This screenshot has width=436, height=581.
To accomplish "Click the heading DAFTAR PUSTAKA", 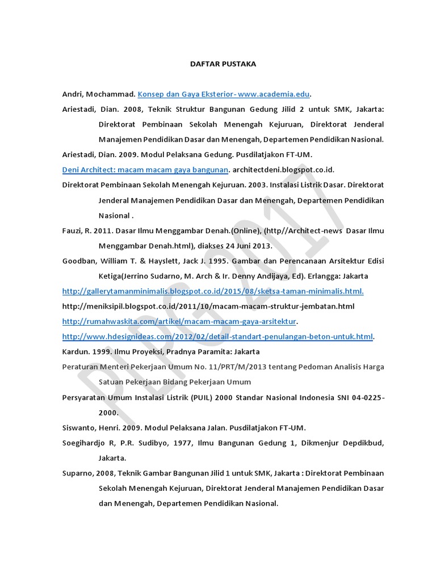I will tap(223, 64).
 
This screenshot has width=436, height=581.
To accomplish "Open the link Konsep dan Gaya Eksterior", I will tap(224, 95).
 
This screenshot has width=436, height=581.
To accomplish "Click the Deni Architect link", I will tap(145, 170).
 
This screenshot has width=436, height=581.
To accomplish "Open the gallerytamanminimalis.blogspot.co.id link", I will tap(213, 291).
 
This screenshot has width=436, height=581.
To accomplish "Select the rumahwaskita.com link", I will tap(179, 322).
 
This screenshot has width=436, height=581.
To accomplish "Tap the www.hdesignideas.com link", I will tap(217, 337).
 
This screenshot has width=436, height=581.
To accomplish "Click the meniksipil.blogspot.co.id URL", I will tap(208, 306).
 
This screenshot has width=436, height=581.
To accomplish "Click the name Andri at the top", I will tap(73, 95).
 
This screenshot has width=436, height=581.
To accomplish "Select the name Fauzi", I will tap(72, 231).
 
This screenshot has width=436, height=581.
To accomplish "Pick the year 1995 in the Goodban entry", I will tap(221, 262).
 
